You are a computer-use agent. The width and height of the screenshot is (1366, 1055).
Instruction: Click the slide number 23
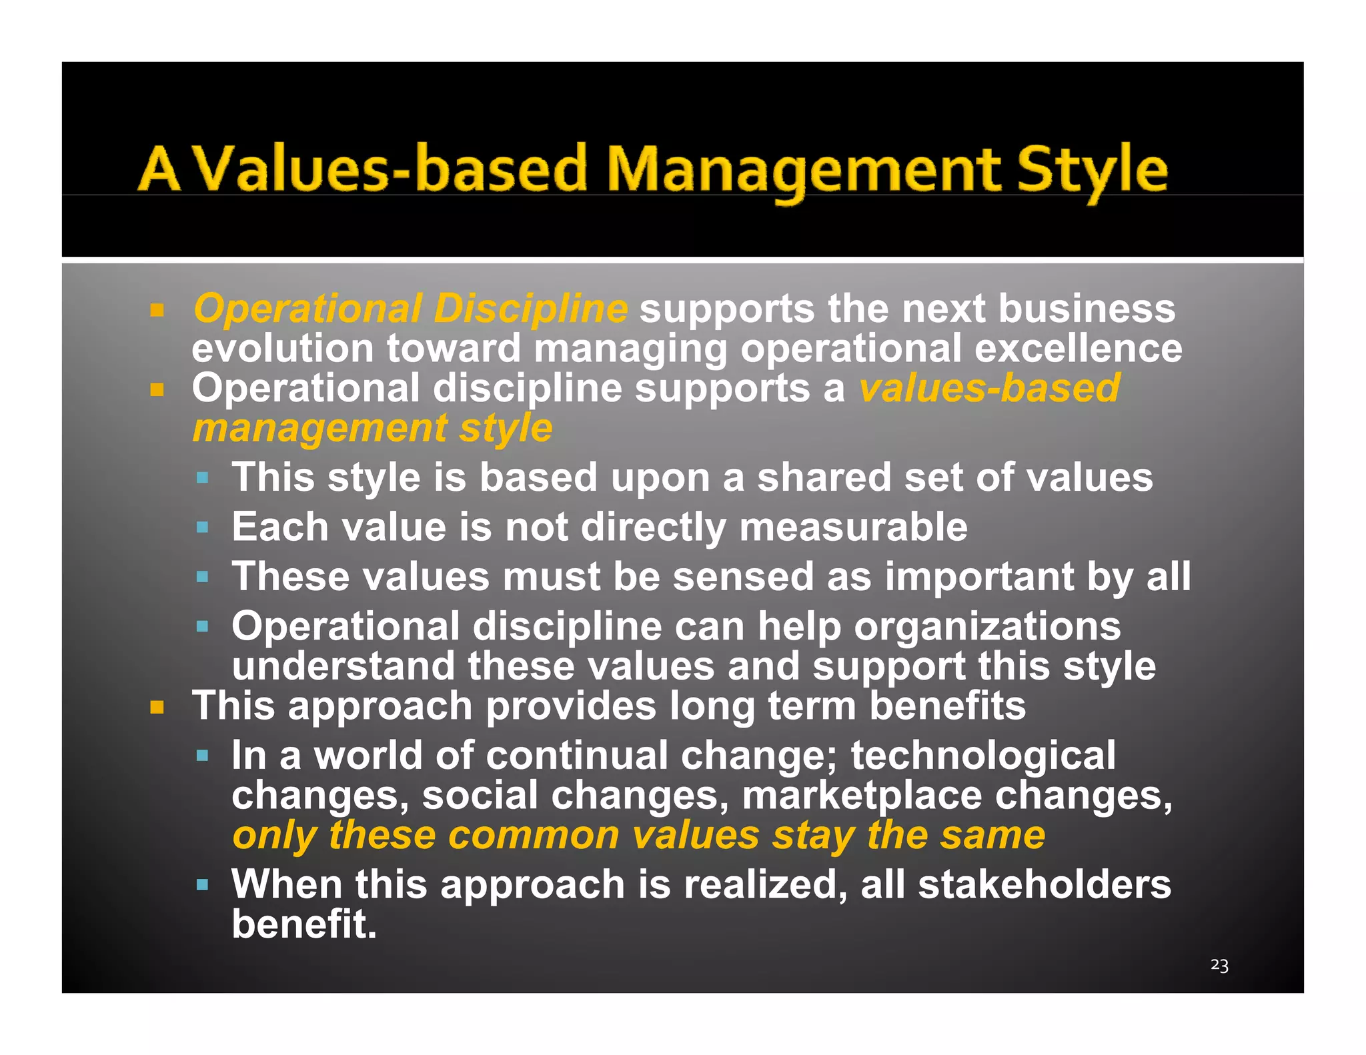1219,965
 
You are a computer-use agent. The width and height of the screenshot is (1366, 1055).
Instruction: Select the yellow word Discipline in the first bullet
530,309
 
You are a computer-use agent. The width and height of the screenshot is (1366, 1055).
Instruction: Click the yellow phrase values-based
989,388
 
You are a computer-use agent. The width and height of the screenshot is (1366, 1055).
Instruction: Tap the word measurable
853,527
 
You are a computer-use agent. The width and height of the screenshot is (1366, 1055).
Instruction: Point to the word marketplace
861,796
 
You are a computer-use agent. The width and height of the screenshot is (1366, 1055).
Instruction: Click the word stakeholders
1044,884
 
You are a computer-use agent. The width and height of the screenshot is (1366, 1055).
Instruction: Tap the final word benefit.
304,924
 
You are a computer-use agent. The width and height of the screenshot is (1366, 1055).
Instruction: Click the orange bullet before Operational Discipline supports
157,310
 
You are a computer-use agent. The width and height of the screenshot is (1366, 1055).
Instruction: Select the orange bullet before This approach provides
157,708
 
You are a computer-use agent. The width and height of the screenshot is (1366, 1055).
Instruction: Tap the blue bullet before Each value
203,528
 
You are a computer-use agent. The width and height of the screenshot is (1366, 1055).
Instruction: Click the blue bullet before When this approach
203,886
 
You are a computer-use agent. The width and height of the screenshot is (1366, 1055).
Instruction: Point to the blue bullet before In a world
203,756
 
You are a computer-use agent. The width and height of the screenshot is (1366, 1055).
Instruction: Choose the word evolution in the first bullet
282,349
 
